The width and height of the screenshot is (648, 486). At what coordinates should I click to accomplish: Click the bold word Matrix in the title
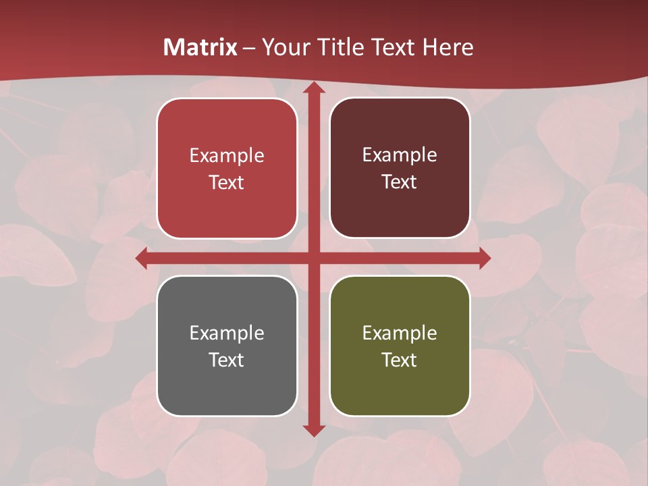click(200, 47)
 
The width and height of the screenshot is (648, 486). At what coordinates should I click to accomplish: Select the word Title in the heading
click(339, 47)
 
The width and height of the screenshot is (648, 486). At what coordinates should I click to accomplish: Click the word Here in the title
click(448, 47)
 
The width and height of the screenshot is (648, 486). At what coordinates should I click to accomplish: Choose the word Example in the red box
click(227, 156)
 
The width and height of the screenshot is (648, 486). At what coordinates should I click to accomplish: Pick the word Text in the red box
click(227, 182)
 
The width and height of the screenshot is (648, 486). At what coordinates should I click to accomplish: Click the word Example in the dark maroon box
click(400, 155)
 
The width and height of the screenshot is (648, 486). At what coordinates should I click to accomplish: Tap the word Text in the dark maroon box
click(400, 182)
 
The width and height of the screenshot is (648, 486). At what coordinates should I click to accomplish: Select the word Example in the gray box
click(227, 333)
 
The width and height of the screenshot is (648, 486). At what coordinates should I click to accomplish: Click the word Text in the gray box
click(227, 360)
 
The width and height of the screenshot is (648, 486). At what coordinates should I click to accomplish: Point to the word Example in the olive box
click(400, 333)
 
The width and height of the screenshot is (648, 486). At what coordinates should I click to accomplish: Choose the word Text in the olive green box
click(400, 360)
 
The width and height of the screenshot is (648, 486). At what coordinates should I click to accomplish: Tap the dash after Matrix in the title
click(248, 48)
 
